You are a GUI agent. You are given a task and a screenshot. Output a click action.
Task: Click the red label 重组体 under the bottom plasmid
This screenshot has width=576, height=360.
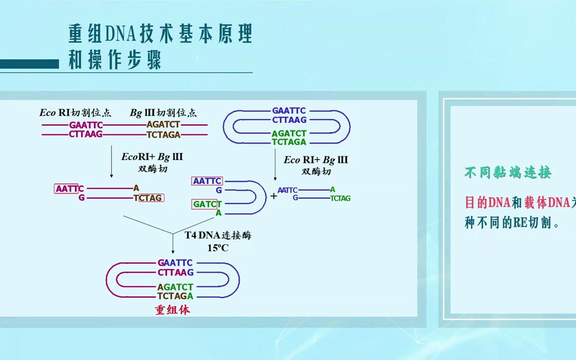[x=172, y=310]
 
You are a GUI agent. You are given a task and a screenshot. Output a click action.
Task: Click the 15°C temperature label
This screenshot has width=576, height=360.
[x=218, y=247]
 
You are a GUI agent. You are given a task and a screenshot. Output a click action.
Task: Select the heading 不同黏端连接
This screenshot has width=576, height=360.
[x=508, y=173]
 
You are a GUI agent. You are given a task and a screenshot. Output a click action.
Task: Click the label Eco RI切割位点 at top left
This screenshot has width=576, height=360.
[x=76, y=113]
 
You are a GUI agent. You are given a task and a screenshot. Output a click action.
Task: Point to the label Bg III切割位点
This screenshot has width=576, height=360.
[x=163, y=113]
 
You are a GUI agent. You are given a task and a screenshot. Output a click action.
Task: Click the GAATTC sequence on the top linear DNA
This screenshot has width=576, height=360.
[x=86, y=125]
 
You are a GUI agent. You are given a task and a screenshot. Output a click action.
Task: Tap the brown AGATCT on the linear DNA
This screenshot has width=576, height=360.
[x=163, y=125]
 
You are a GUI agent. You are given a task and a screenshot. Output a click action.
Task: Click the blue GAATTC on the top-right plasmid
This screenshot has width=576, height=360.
[x=289, y=110]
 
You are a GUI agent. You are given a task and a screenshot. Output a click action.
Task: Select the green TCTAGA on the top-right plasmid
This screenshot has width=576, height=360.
[x=289, y=142]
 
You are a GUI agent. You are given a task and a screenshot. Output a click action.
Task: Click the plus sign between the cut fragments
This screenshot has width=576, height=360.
[x=273, y=196]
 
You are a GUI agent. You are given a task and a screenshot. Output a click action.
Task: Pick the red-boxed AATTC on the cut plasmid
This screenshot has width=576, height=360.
[x=206, y=181]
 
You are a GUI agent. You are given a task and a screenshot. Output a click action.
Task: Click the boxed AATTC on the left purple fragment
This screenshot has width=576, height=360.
[x=67, y=189]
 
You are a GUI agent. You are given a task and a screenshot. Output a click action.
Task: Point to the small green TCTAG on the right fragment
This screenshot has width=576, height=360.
[x=340, y=198]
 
